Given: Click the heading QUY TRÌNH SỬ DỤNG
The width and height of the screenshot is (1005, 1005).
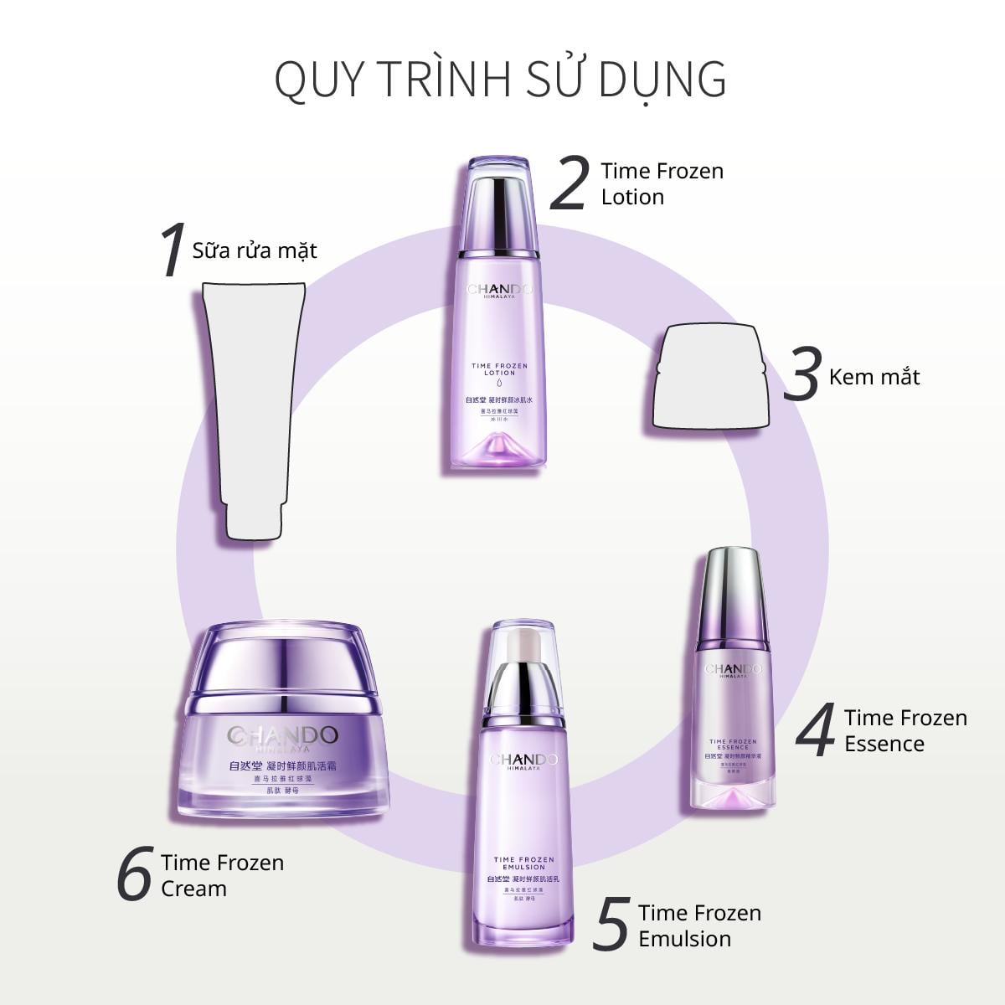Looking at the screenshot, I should click(x=500, y=78).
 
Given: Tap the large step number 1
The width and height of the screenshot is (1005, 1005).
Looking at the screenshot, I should click(x=173, y=250).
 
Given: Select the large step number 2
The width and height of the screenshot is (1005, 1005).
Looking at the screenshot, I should click(x=569, y=183).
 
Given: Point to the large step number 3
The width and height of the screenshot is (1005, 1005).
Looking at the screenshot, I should click(x=801, y=375).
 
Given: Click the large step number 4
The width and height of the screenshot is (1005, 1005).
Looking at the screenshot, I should click(x=816, y=730).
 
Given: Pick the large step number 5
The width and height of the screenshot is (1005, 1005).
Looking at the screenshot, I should click(x=611, y=925).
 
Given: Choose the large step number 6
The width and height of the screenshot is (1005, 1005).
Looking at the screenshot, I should click(x=136, y=874).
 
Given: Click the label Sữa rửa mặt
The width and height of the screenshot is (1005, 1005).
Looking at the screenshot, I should click(x=255, y=250).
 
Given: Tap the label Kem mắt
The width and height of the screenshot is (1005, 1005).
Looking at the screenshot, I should click(x=874, y=377).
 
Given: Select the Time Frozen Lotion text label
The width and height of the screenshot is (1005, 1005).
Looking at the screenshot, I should click(x=662, y=183).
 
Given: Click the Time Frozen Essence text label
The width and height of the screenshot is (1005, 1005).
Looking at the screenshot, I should click(x=904, y=730).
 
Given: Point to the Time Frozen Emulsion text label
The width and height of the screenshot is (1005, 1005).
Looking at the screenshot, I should click(x=699, y=925).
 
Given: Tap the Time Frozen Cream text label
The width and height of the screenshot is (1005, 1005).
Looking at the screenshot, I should click(x=222, y=875).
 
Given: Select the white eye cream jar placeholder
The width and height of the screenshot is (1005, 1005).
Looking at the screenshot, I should click(x=709, y=379).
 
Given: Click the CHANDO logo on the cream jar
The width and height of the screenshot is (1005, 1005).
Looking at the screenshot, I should click(x=282, y=736).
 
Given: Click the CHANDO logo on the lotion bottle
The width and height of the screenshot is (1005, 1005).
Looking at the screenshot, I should click(x=499, y=290).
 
